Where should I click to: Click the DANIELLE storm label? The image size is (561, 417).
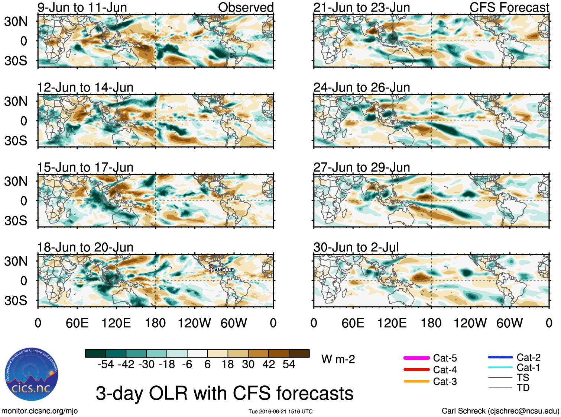point(222,270)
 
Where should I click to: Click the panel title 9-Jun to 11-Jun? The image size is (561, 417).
point(82,7)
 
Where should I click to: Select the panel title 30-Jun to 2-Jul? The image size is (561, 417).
point(356,247)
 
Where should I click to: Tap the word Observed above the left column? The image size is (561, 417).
point(246,7)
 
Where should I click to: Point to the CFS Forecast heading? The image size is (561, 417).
point(509,7)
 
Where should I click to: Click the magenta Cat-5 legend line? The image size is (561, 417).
point(416,358)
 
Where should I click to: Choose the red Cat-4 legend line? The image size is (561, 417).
point(416,369)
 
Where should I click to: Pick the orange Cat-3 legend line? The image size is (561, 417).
point(416,381)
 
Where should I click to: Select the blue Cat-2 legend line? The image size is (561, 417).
point(500,357)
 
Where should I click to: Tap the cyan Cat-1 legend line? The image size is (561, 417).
point(500,368)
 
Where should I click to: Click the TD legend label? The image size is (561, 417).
point(523,388)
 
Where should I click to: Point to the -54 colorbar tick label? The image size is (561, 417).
point(106,364)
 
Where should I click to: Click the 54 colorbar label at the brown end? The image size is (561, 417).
point(289,364)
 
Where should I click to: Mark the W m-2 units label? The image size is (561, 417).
point(338,359)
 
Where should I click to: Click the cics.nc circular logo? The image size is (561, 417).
point(32,375)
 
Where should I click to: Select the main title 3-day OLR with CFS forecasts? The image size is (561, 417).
point(224,393)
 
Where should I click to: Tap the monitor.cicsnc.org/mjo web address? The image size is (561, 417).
point(39,411)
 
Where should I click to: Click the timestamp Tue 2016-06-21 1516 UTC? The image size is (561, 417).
point(280,411)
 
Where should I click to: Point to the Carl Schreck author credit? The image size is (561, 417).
point(500,411)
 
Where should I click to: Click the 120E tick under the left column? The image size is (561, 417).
point(116,323)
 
